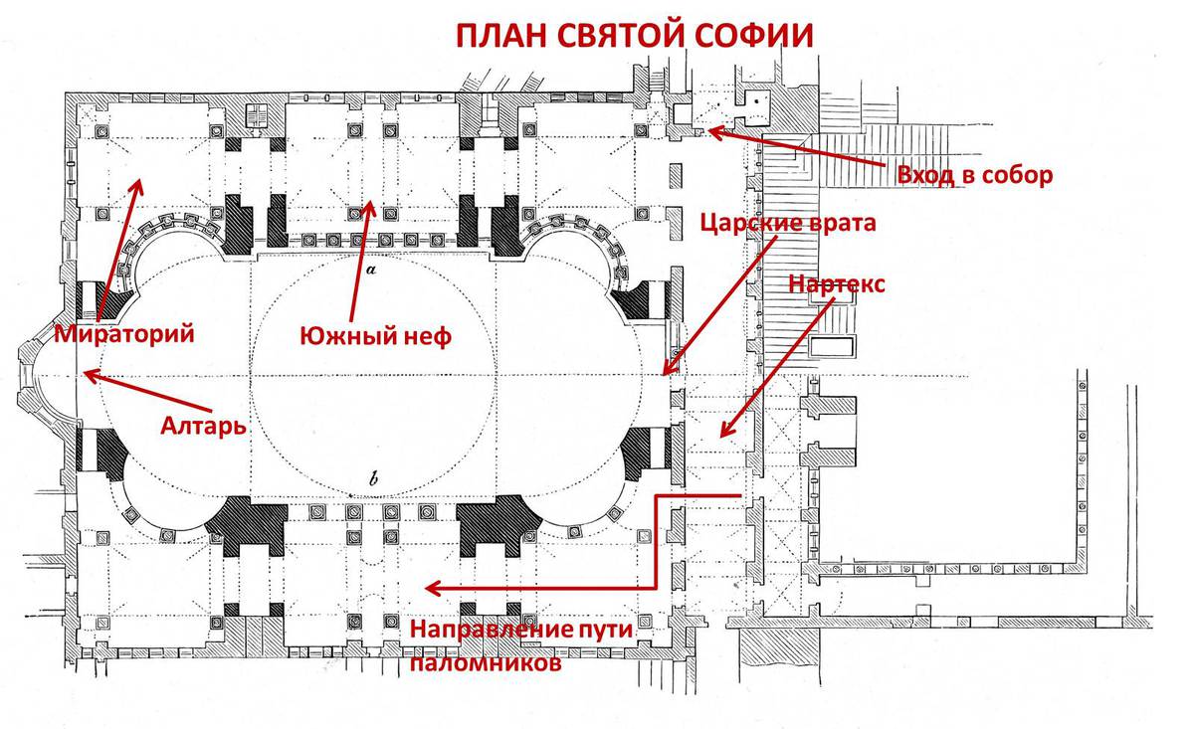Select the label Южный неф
[x=376, y=336]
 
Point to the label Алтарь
[x=203, y=428]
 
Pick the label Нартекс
[x=836, y=283]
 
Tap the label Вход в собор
[x=974, y=176]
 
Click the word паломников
[x=483, y=661]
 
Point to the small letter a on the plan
[x=370, y=269]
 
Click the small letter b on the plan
[x=373, y=481]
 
